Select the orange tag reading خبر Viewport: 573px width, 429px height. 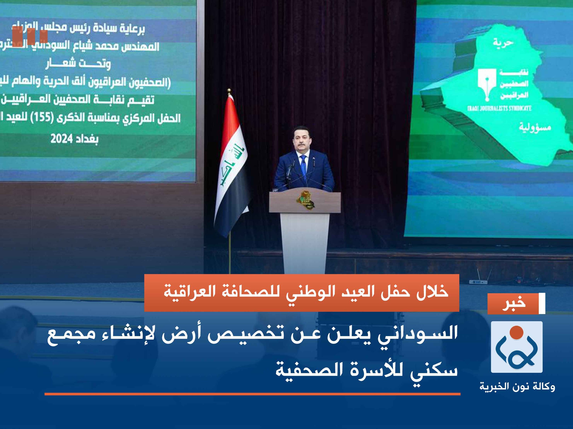pos(513,304)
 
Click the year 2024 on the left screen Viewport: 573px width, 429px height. pos(61,139)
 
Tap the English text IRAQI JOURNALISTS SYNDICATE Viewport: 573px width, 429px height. pos(499,108)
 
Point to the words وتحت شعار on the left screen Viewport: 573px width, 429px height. pos(78,64)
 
